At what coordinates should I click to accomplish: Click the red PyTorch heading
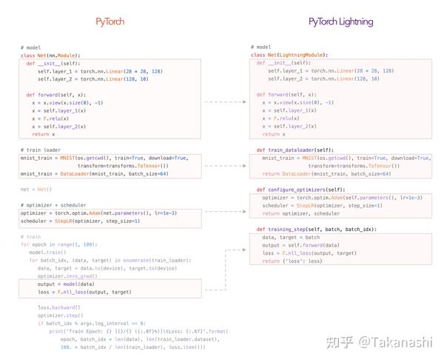click(x=110, y=22)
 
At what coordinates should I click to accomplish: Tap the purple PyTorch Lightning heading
click(x=341, y=22)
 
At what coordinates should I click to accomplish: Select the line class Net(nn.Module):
click(x=50, y=56)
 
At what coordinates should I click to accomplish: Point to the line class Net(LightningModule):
click(x=289, y=55)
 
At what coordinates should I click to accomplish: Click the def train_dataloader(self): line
click(x=301, y=150)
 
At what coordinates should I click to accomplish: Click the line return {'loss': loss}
click(x=292, y=261)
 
